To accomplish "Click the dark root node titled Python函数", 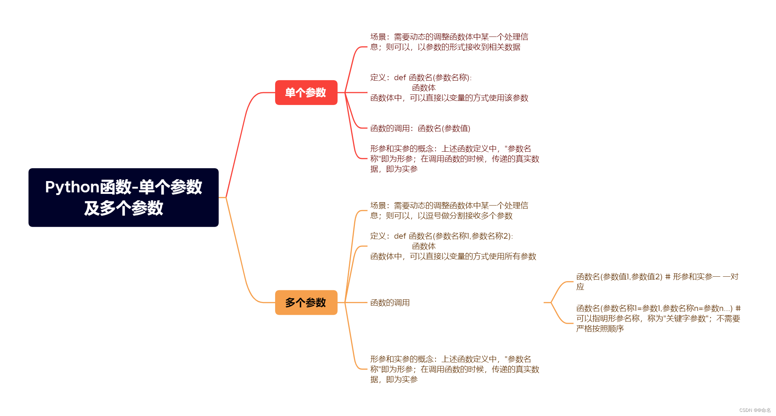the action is [x=123, y=197].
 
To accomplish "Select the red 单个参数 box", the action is [x=306, y=93].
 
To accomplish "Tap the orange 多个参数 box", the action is [x=306, y=302].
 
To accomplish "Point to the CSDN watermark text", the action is [x=755, y=410].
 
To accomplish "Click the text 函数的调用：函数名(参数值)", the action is [x=420, y=128].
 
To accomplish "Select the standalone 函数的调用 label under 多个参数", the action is [x=390, y=303].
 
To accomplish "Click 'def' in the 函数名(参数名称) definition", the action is [x=400, y=78].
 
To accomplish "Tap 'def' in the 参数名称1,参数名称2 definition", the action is [x=400, y=236].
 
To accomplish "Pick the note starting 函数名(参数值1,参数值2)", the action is [x=657, y=282].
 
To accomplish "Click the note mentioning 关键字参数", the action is [x=658, y=318].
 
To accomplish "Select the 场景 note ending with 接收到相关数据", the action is [x=449, y=42].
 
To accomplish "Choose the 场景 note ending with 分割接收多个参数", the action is [x=449, y=210].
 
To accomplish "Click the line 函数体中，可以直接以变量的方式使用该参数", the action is [x=449, y=98].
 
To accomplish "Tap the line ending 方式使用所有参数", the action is [x=453, y=256].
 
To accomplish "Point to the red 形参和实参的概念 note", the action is [x=454, y=159].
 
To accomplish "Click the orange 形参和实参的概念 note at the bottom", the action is [x=454, y=369].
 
